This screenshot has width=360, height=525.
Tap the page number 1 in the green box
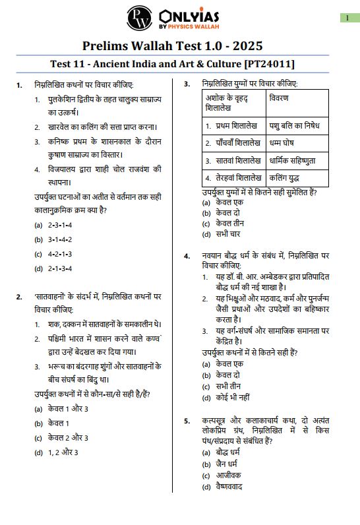(347, 18)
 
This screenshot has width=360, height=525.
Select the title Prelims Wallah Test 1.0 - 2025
(173, 46)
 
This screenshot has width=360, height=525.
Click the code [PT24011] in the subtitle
(269, 64)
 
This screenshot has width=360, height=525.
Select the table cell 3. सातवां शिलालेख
(233, 160)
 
